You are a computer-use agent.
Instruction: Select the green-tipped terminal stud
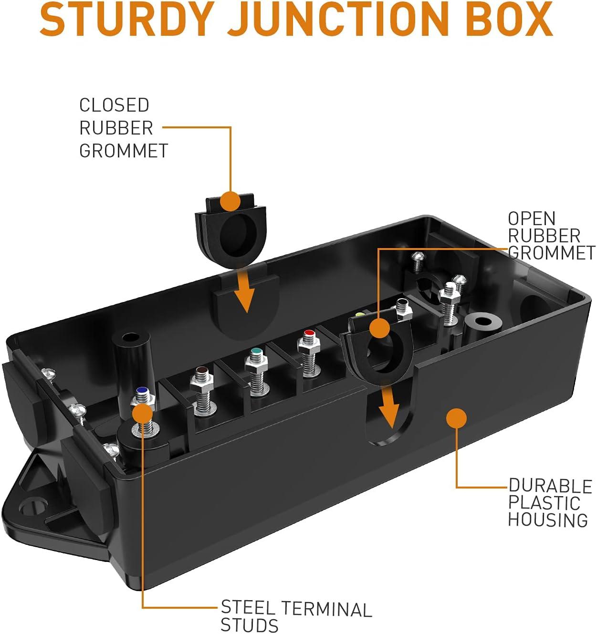(x=256, y=353)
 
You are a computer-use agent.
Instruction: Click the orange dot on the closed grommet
(x=230, y=201)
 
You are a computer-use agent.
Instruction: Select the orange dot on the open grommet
(x=380, y=329)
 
